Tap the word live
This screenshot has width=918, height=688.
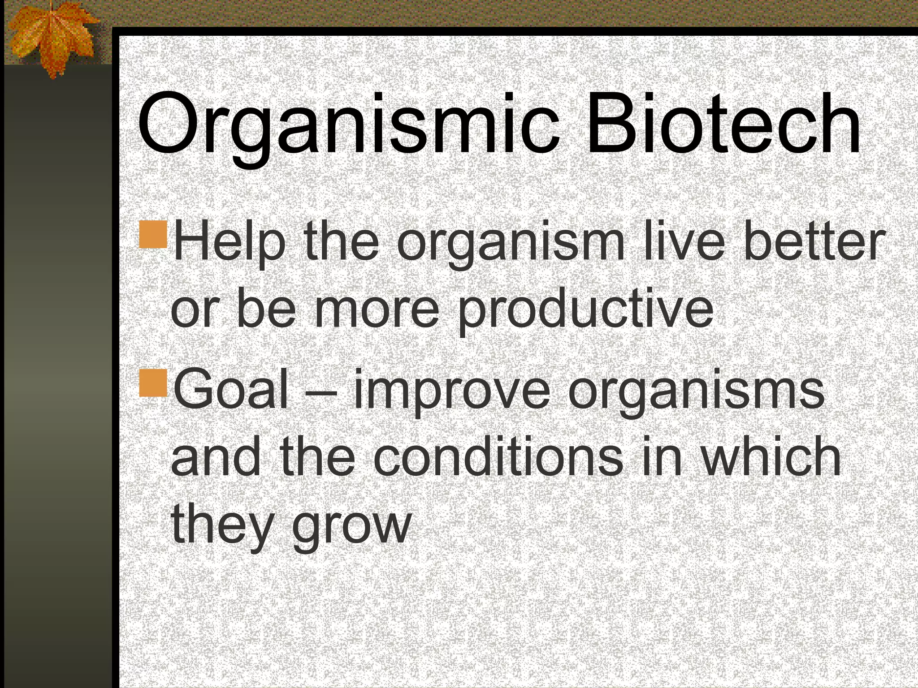(684, 242)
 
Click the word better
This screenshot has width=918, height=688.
(814, 242)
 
